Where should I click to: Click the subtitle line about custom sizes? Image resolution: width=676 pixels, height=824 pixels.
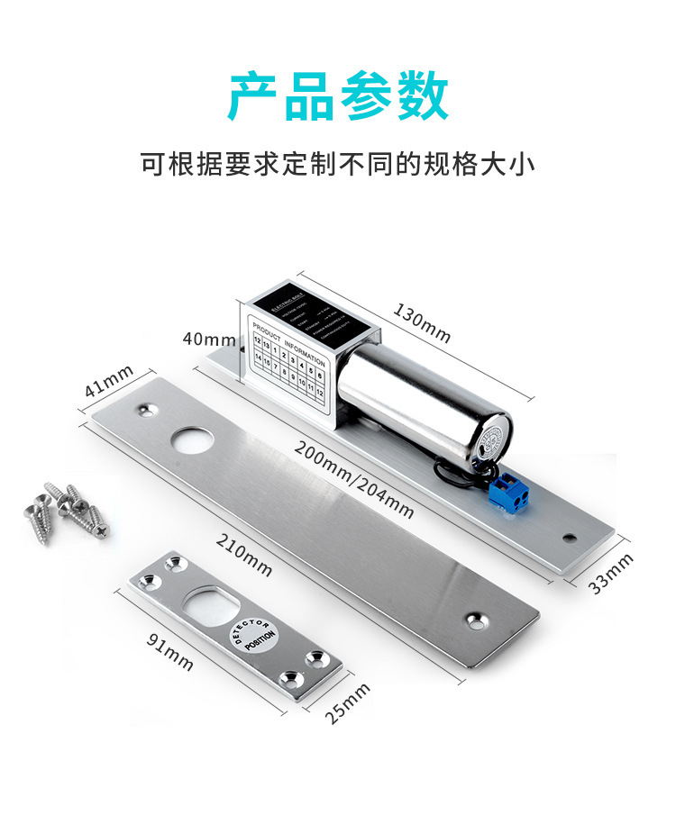click(x=338, y=165)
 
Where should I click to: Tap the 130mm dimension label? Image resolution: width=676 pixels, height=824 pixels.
click(x=421, y=321)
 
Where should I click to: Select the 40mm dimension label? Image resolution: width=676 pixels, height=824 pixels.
click(x=208, y=339)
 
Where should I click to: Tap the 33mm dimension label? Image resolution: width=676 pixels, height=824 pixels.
click(x=611, y=573)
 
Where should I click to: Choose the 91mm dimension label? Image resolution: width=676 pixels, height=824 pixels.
click(x=169, y=650)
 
